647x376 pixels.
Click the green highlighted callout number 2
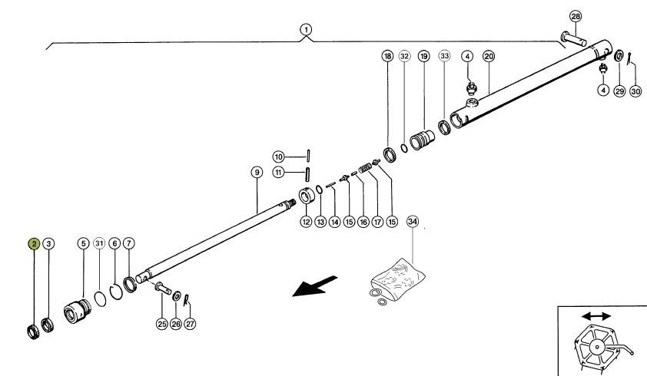click(x=35, y=244)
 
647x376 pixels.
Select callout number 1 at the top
click(x=307, y=30)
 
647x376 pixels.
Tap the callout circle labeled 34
click(x=413, y=222)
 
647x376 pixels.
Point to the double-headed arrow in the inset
click(x=596, y=316)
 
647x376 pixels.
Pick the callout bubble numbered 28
click(x=576, y=17)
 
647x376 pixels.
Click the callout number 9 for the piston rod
click(x=257, y=173)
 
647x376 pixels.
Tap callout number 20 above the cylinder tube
click(x=489, y=56)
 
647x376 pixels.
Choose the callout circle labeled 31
click(x=98, y=244)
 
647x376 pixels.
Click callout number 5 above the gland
click(x=83, y=244)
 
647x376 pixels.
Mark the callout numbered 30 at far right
click(x=635, y=91)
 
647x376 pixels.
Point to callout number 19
click(x=423, y=56)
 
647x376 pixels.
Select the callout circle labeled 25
click(x=162, y=324)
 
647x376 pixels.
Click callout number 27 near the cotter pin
click(x=190, y=324)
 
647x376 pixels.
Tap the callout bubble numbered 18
click(x=387, y=56)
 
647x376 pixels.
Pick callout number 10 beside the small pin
click(x=279, y=157)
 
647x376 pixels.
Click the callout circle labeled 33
click(x=445, y=56)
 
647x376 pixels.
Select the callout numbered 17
click(x=377, y=223)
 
